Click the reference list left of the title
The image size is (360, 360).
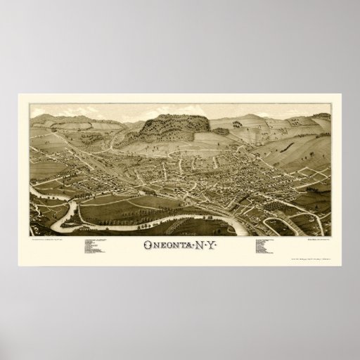pos(98,249)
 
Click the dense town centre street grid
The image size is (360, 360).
pos(204,169)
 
